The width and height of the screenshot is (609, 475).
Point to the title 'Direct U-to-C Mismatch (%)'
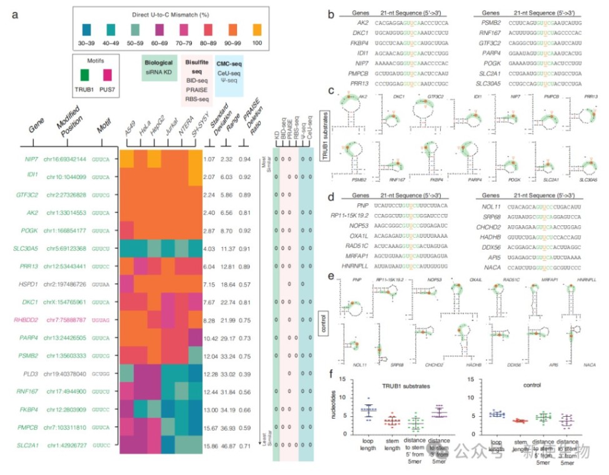[x=170, y=13]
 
